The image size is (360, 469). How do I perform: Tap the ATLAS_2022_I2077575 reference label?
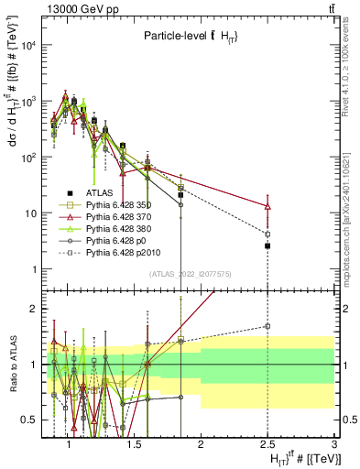pos(190,273)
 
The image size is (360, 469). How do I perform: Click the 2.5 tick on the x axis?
pos(267,443)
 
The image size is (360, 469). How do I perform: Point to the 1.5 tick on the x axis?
pos(133,443)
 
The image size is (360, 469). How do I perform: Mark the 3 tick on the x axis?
pos(334,443)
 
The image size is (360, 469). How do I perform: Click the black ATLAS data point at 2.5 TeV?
pos(267,245)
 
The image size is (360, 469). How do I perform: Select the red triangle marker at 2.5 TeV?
pos(267,207)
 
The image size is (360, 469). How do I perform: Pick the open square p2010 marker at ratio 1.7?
pos(267,325)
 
